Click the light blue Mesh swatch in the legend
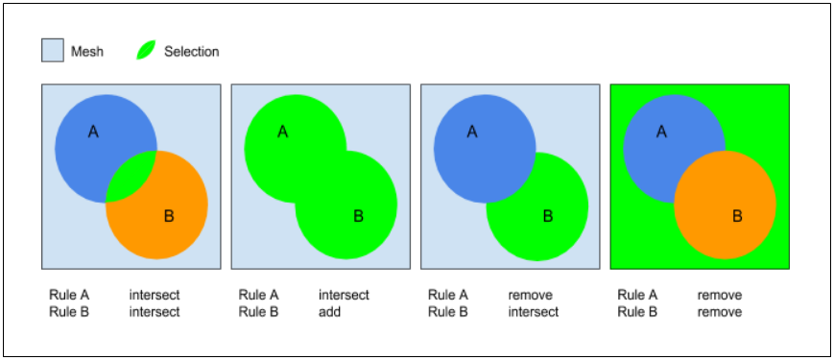tap(53, 51)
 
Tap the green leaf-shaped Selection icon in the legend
tap(146, 51)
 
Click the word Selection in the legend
tap(191, 52)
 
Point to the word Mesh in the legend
tap(87, 52)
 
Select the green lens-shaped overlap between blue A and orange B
tap(130, 177)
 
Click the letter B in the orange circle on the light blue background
tap(169, 217)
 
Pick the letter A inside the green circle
tap(282, 132)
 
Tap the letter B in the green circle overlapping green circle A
tap(358, 217)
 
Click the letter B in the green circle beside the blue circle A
tap(548, 217)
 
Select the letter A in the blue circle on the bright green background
tap(661, 132)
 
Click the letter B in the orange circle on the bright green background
tap(737, 217)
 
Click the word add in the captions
tap(329, 312)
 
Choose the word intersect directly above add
tap(344, 296)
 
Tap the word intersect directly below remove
tap(533, 312)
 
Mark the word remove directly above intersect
tap(530, 296)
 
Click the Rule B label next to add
tap(258, 312)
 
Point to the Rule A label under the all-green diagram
tap(637, 296)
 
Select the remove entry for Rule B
tap(719, 312)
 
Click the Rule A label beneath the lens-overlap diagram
tap(69, 296)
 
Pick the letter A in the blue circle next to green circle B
tap(471, 132)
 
